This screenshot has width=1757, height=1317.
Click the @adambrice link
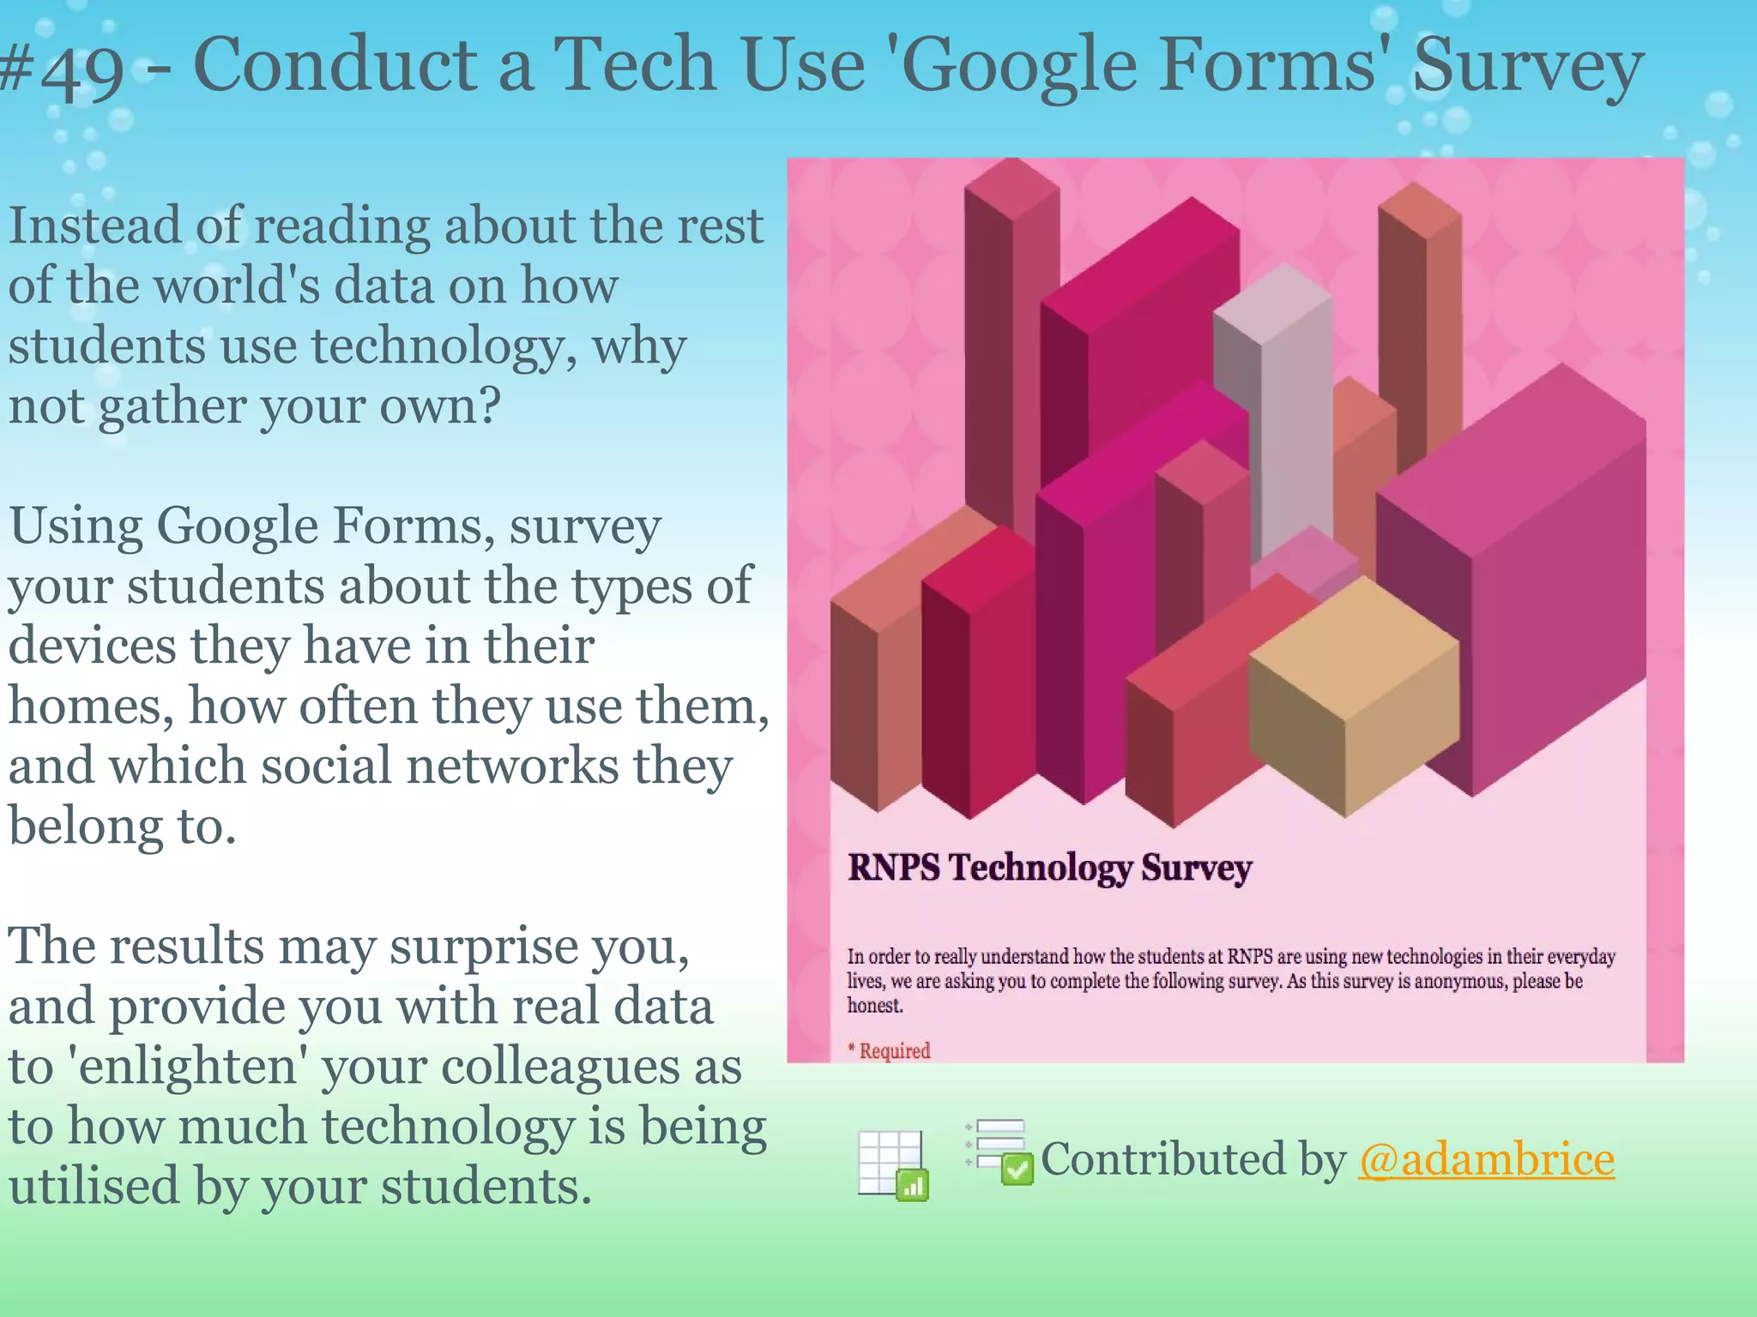[1486, 1159]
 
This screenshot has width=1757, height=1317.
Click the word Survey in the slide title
[1527, 67]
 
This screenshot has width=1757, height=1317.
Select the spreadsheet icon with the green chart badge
[893, 1164]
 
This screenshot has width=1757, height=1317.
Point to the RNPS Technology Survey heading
[1049, 868]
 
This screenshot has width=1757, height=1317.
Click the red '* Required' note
[889, 1050]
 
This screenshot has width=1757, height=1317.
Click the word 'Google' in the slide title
[1018, 67]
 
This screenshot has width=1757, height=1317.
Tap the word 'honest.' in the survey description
[875, 1006]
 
